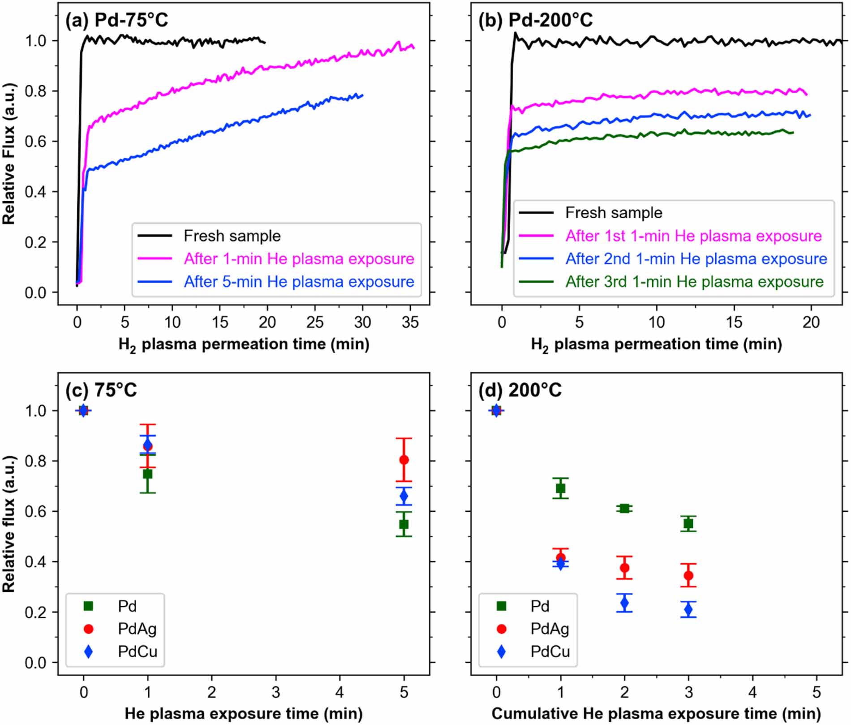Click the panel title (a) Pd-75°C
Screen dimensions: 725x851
point(116,20)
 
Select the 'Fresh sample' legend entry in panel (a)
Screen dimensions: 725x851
point(232,236)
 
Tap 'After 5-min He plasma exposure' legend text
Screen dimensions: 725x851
point(299,281)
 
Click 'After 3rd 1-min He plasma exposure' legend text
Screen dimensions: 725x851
point(694,281)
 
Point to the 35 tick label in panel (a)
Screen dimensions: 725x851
point(410,322)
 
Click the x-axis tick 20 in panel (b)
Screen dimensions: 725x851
point(811,322)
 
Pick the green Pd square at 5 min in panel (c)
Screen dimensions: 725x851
point(404,524)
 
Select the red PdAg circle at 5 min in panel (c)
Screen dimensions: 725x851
point(404,460)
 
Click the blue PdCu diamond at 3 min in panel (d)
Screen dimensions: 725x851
point(688,609)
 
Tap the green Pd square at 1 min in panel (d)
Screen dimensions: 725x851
point(560,488)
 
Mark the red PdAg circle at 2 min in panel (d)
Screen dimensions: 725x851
point(624,568)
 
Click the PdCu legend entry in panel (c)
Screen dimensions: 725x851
point(137,652)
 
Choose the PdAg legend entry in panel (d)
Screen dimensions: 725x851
point(550,629)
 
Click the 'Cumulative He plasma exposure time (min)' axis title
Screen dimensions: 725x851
point(656,713)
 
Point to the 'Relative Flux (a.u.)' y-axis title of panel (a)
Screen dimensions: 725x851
point(9,154)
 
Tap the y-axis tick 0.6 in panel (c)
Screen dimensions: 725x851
point(36,511)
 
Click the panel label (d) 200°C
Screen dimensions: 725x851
point(520,390)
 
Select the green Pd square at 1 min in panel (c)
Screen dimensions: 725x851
point(147,474)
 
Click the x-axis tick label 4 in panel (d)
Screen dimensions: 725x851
point(752,692)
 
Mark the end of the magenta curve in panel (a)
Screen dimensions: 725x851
point(413,47)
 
